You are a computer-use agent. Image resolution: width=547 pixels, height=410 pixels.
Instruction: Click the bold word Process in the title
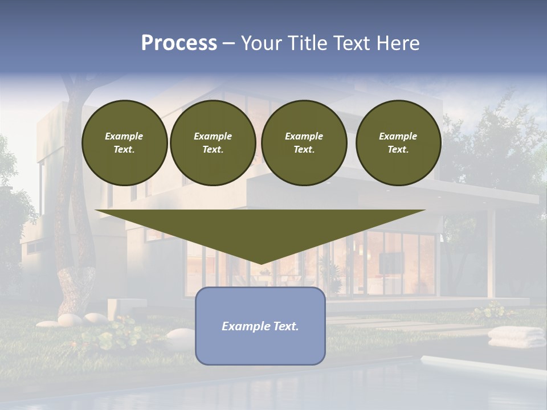(179, 43)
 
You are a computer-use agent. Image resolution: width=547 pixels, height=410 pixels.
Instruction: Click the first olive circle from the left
(125, 143)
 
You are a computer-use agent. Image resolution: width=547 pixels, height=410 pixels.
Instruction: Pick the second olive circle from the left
(213, 143)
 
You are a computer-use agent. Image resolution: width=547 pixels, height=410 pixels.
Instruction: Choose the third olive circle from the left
(304, 143)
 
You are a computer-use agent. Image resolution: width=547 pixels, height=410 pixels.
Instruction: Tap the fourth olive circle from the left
(398, 143)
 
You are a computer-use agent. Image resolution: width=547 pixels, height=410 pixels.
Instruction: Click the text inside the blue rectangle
(260, 326)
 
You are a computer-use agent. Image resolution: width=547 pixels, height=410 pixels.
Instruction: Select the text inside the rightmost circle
(398, 143)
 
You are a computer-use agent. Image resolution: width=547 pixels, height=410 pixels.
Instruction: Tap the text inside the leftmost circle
(124, 143)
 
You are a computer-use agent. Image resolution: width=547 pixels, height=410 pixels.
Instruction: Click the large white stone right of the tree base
(181, 334)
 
